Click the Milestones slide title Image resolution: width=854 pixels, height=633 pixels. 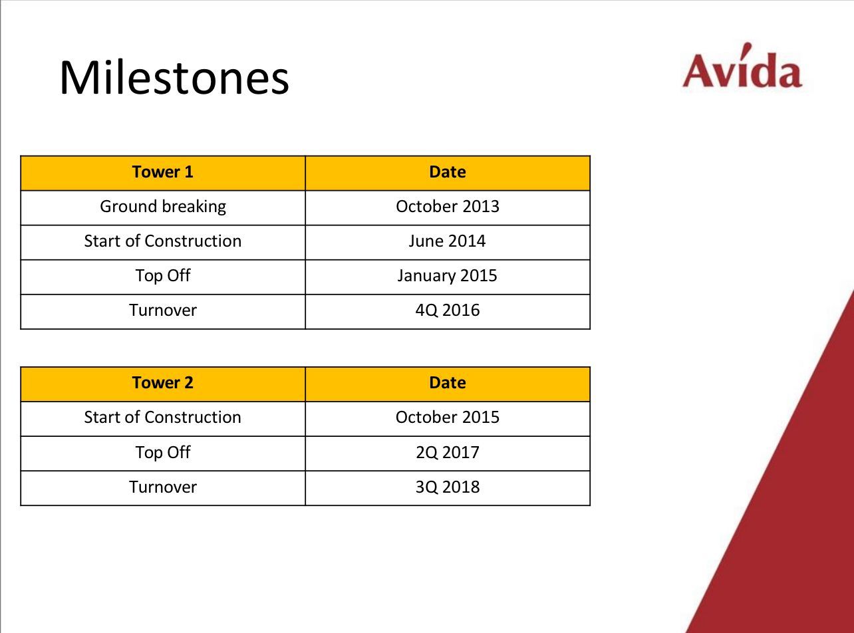(x=174, y=77)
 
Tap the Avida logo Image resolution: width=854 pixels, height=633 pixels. (x=742, y=66)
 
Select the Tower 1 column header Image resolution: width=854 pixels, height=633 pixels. (x=162, y=172)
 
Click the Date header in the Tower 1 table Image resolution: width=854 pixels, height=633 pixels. (x=448, y=172)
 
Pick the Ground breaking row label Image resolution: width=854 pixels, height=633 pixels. (x=163, y=207)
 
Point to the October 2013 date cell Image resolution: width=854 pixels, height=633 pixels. (x=448, y=206)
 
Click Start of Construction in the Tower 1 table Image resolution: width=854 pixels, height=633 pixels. (x=163, y=241)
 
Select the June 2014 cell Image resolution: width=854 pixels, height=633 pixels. (x=447, y=241)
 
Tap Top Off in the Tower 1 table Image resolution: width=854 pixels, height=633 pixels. (x=163, y=276)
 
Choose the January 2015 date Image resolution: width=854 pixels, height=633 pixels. (x=447, y=276)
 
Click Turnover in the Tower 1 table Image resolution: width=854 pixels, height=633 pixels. (x=163, y=311)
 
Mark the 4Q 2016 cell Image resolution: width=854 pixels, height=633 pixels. (x=448, y=311)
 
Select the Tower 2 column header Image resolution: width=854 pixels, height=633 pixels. (x=162, y=383)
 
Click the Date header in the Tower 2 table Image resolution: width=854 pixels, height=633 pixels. (x=448, y=383)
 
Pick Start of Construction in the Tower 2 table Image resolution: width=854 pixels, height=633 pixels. (x=162, y=418)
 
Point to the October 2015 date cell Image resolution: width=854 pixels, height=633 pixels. (x=448, y=418)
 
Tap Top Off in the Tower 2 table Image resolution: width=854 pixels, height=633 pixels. (x=163, y=452)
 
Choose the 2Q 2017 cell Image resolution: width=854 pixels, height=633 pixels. (x=448, y=452)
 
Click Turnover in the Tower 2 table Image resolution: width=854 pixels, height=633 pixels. (x=163, y=487)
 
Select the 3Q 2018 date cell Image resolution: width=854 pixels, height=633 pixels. (x=448, y=487)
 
